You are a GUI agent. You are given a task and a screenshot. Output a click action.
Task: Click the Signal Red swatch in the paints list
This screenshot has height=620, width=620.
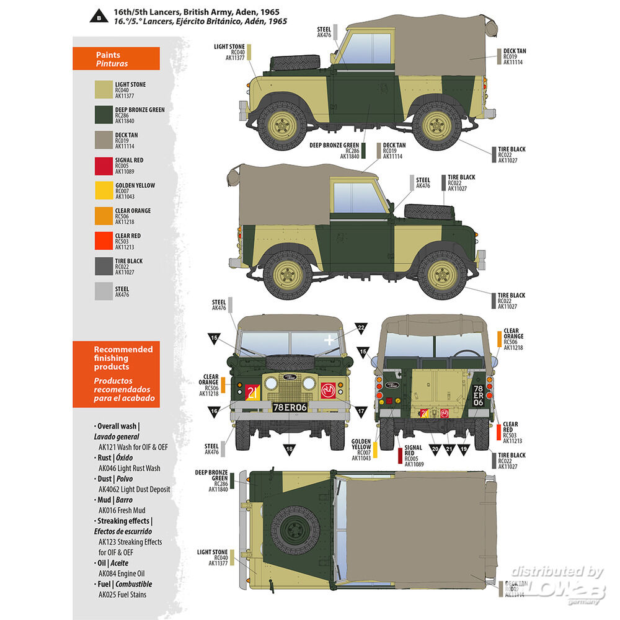point(103,165)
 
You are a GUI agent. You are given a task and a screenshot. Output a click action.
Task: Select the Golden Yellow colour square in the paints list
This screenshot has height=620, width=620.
point(103,190)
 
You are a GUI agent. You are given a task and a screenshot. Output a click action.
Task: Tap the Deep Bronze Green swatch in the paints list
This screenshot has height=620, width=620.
point(103,115)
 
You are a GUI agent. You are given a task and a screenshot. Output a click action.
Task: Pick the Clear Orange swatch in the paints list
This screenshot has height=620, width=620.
point(103,216)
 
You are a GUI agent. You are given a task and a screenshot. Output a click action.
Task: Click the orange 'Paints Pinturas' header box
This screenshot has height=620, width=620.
point(116,60)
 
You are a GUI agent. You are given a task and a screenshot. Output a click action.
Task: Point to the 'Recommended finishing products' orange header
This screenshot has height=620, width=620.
point(116,374)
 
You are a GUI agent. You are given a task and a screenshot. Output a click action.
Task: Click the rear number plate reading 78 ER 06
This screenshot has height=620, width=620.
point(478,395)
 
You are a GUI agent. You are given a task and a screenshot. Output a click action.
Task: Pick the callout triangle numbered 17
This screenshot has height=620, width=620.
point(361,410)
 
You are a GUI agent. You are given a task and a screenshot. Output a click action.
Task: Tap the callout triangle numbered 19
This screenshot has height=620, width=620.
point(464,448)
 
